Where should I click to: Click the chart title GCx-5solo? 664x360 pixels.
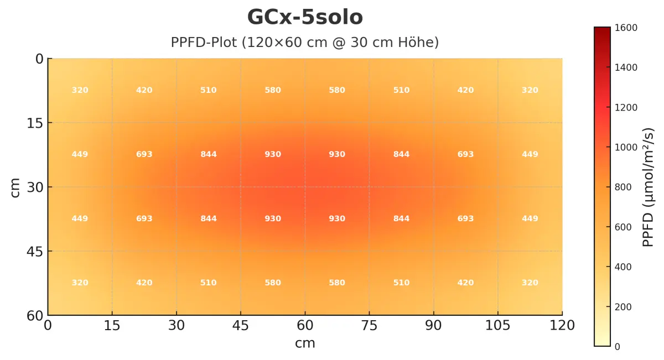pyautogui.click(x=305, y=18)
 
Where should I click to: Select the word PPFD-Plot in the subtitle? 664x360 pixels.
pyautogui.click(x=203, y=43)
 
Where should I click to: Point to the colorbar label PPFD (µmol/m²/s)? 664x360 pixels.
pyautogui.click(x=648, y=187)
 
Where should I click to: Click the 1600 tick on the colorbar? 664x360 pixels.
pyautogui.click(x=624, y=28)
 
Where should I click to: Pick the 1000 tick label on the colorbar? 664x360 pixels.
pyautogui.click(x=624, y=147)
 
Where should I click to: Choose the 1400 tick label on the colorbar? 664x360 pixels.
pyautogui.click(x=624, y=67)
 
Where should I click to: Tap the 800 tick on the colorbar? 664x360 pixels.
pyautogui.click(x=622, y=187)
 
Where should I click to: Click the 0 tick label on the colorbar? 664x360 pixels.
pyautogui.click(x=618, y=347)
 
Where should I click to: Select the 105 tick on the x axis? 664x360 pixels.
pyautogui.click(x=498, y=326)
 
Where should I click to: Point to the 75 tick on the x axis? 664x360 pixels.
pyautogui.click(x=369, y=326)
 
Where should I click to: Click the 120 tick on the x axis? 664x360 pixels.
pyautogui.click(x=562, y=326)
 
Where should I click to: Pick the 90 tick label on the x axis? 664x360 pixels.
pyautogui.click(x=433, y=326)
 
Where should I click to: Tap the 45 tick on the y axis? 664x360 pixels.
pyautogui.click(x=35, y=251)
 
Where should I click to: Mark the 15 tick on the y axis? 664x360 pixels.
pyautogui.click(x=35, y=123)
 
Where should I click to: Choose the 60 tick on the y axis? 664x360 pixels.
pyautogui.click(x=35, y=315)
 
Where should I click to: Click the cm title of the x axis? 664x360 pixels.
pyautogui.click(x=305, y=343)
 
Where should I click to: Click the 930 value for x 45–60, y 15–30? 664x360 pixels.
pyautogui.click(x=273, y=154)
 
